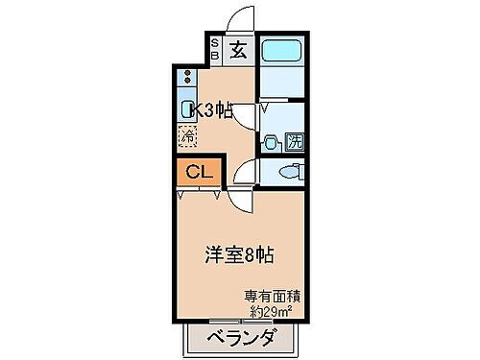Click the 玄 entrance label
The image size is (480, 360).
(239, 51)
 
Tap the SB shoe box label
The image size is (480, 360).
(215, 50)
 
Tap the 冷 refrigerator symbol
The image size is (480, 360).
(187, 135)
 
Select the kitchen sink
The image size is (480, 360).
(187, 108)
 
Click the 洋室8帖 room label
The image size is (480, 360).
(239, 255)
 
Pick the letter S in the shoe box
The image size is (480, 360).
(215, 43)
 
